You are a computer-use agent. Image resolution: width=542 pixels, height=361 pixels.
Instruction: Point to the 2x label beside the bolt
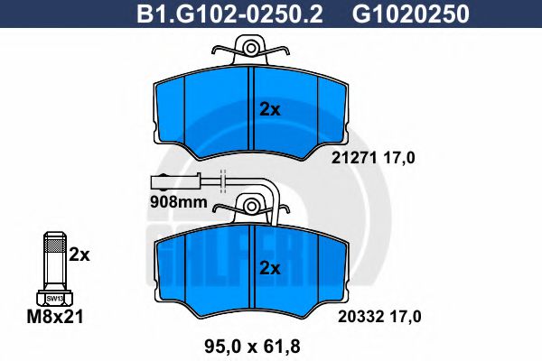(80, 255)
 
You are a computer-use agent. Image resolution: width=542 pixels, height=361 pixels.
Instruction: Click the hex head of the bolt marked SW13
(54, 297)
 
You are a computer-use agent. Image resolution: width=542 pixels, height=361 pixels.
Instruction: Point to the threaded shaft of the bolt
(54, 262)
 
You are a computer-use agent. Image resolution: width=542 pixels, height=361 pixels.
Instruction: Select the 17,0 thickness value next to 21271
(403, 158)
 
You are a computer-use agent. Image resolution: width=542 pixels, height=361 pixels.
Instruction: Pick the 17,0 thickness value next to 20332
(403, 316)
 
